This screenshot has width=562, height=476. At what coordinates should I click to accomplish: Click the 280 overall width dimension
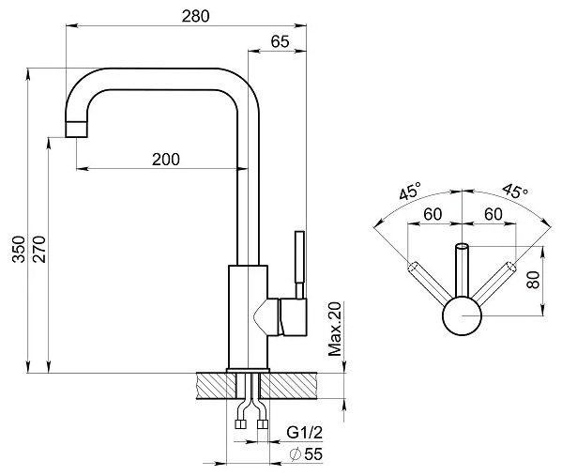coord(195,16)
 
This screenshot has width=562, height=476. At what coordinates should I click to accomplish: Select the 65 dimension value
coord(280,41)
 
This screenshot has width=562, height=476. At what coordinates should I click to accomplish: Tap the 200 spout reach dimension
coord(165,160)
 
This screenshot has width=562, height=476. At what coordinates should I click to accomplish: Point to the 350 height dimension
coord(19,250)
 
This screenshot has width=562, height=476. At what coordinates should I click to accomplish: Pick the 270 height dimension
coord(39,250)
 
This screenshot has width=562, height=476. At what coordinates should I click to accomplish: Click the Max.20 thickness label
coord(335,329)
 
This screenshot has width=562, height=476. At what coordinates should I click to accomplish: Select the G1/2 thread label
coord(305,433)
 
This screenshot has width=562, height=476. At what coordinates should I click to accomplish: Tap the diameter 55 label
coord(307,454)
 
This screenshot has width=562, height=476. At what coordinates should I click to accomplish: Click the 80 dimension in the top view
coord(533,280)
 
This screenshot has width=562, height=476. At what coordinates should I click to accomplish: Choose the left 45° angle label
coord(410,191)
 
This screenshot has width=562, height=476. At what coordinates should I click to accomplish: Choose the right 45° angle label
coord(515,191)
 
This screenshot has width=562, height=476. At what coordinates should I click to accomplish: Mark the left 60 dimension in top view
coord(433,214)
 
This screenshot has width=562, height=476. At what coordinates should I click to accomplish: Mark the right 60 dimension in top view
coord(494,214)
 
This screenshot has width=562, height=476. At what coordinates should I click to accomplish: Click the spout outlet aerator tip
coord(76,130)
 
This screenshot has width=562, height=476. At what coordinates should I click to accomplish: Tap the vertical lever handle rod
coord(299,265)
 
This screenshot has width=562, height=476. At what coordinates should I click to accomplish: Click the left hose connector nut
coord(240,424)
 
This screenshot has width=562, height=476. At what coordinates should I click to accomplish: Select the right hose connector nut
coord(263,424)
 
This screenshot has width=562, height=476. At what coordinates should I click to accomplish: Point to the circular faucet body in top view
coord(462,316)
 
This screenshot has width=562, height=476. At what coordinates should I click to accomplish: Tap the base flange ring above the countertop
coord(248,371)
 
